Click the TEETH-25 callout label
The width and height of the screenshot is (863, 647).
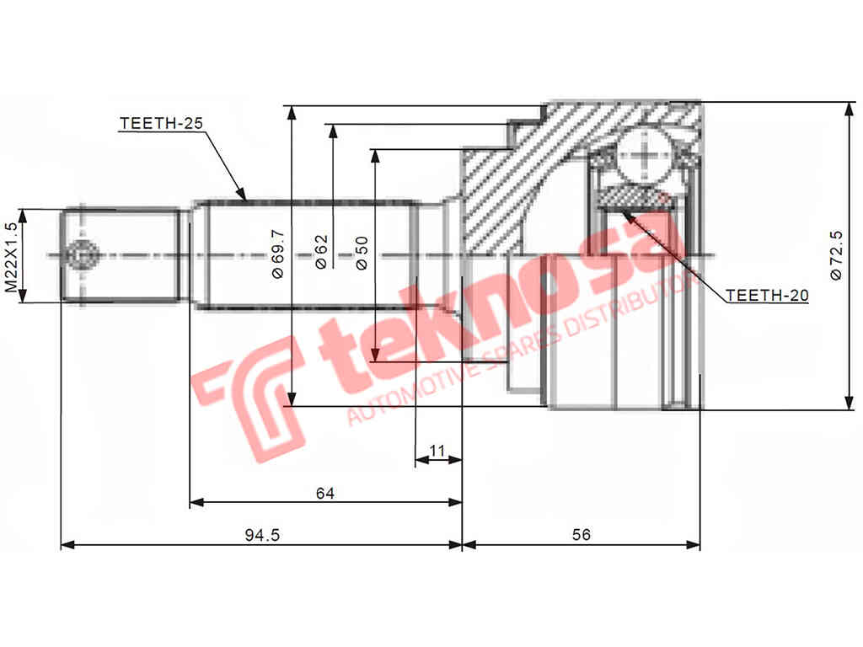(x=162, y=123)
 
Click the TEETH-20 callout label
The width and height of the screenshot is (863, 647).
(x=767, y=296)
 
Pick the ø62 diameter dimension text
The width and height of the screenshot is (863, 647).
(x=321, y=252)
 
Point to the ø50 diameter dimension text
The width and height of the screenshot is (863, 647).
(x=362, y=252)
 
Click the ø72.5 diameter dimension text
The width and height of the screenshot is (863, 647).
(x=836, y=254)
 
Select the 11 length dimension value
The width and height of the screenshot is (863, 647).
(x=437, y=452)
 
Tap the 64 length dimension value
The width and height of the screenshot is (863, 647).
(x=325, y=494)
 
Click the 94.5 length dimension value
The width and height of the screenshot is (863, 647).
(x=261, y=535)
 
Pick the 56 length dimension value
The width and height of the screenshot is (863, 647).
(x=581, y=535)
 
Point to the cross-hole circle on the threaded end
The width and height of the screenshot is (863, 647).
(x=83, y=254)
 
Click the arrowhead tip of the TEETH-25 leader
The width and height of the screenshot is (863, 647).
(x=245, y=201)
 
